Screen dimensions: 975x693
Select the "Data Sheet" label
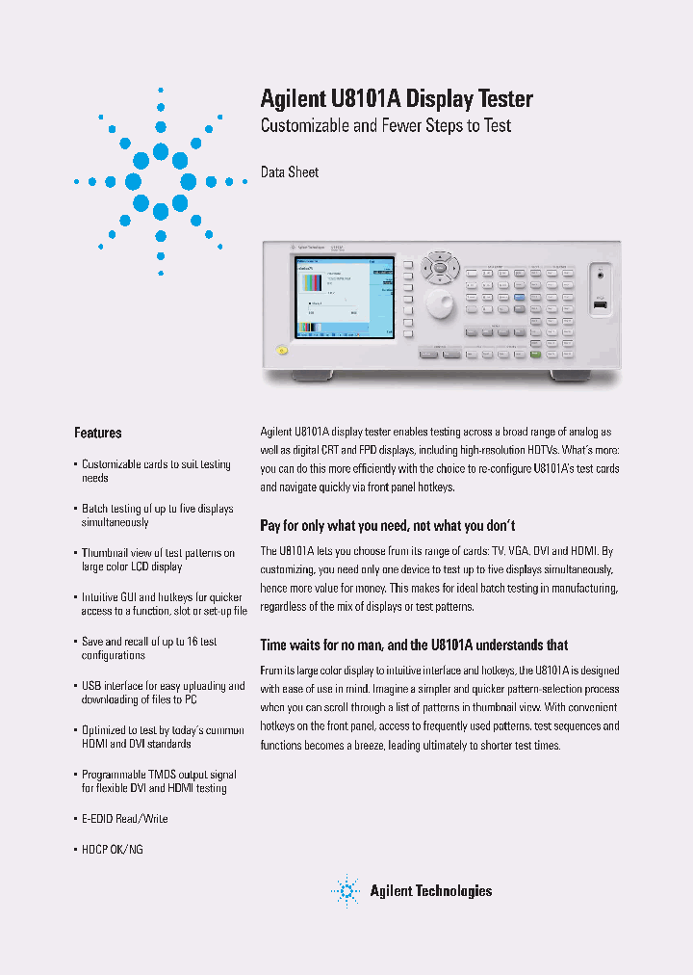click(290, 172)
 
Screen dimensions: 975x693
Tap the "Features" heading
click(98, 433)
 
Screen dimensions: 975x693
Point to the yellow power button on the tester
click(281, 350)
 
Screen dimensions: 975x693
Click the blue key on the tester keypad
click(519, 298)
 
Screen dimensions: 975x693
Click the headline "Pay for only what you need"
click(388, 525)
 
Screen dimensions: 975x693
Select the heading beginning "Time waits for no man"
click(414, 645)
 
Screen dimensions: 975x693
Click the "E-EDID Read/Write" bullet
click(124, 818)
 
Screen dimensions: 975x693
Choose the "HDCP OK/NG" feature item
click(112, 850)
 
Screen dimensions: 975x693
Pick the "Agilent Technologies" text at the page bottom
click(430, 891)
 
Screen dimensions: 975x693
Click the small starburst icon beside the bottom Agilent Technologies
click(345, 891)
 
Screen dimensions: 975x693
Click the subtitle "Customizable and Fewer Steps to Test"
click(386, 125)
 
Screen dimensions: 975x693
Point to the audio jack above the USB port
click(602, 276)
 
